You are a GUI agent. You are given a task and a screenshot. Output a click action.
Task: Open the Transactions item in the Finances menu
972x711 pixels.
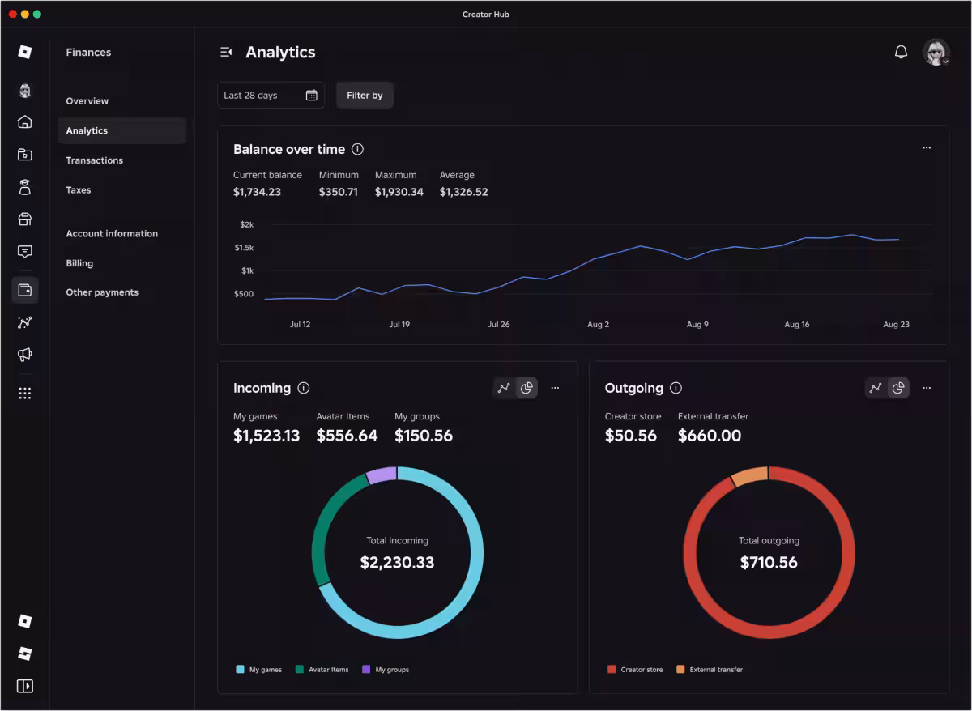click(94, 160)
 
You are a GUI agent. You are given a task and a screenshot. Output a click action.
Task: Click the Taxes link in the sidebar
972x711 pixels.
click(78, 190)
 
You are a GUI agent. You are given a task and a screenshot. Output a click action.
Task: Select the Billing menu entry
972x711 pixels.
click(79, 263)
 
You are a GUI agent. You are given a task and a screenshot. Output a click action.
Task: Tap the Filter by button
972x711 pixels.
click(364, 95)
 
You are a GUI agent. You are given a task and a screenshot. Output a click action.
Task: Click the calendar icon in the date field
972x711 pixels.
click(312, 95)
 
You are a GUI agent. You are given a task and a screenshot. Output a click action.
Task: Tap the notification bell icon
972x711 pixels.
click(901, 52)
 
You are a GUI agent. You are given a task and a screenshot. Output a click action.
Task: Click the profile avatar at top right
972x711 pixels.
click(936, 52)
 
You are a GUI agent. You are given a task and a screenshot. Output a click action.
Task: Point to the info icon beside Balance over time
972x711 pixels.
click(357, 149)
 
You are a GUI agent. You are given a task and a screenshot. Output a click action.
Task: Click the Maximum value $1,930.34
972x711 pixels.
click(399, 192)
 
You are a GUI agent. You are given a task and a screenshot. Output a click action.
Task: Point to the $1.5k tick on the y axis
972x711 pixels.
click(244, 248)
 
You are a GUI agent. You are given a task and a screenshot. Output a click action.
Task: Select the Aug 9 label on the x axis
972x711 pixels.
click(697, 324)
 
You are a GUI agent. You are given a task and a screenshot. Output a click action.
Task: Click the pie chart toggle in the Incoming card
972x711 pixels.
click(526, 388)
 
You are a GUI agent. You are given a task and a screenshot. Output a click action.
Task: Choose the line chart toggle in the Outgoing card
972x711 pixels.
click(876, 388)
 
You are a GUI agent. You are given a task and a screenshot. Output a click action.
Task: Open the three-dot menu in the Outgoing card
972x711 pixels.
click(927, 388)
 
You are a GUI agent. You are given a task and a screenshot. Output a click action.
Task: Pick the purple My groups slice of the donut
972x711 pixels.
click(382, 475)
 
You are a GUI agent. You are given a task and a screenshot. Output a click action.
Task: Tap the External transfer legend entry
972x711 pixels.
click(710, 670)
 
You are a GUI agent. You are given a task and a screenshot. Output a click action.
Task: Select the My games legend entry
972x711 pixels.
click(258, 670)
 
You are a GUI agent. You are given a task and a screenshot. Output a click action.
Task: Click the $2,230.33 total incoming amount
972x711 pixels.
click(397, 562)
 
